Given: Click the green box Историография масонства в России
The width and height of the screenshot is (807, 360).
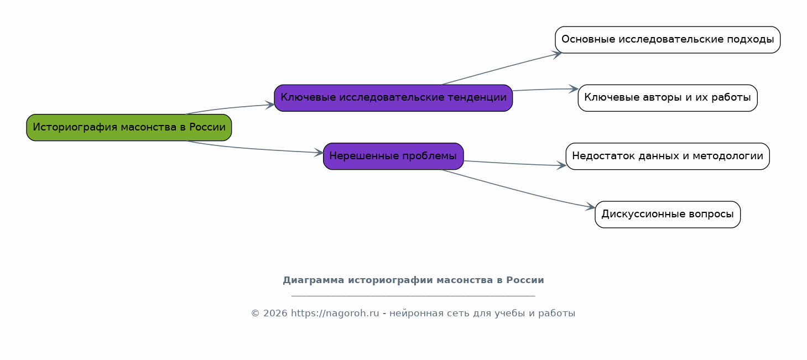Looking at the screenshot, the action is pyautogui.click(x=129, y=128).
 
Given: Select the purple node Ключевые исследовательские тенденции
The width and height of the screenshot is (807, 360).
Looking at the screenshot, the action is pyautogui.click(x=393, y=98).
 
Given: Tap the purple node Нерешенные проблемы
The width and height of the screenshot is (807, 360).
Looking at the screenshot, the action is pyautogui.click(x=393, y=156).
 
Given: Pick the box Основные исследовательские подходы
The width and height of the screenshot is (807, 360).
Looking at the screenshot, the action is pyautogui.click(x=668, y=40).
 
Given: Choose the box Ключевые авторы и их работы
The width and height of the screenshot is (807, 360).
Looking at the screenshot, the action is pyautogui.click(x=668, y=98).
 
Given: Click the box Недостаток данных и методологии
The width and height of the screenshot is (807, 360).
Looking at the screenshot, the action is pyautogui.click(x=668, y=156).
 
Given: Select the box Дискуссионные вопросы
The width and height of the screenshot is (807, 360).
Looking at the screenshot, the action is pyautogui.click(x=668, y=215).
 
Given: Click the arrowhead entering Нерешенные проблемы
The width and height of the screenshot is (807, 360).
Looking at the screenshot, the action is pyautogui.click(x=319, y=153).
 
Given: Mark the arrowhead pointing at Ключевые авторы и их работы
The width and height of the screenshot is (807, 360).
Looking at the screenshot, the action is pyautogui.click(x=574, y=89).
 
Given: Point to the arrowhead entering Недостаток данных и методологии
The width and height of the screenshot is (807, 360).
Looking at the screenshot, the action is pyautogui.click(x=562, y=165).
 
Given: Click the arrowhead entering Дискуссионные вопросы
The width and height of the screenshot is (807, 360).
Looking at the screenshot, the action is pyautogui.click(x=591, y=207).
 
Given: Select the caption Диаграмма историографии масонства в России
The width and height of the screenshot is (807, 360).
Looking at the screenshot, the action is pyautogui.click(x=413, y=280).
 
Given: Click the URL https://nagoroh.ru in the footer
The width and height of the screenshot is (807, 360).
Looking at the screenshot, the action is pyautogui.click(x=335, y=313).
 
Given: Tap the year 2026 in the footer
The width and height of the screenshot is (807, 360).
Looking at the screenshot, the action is pyautogui.click(x=275, y=313).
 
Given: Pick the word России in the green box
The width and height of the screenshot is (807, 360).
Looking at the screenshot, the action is pyautogui.click(x=207, y=127).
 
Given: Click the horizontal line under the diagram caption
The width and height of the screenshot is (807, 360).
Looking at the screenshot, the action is pyautogui.click(x=413, y=296).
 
